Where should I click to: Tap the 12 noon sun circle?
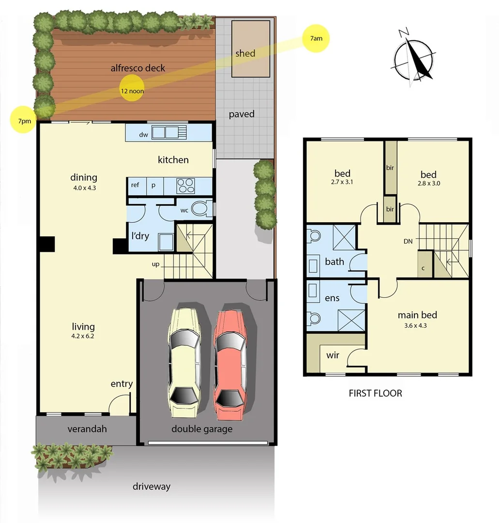click(x=132, y=89)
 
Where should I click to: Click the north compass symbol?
click(x=414, y=59)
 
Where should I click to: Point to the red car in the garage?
click(x=230, y=364)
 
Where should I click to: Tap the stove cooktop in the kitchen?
click(x=185, y=185)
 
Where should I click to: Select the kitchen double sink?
click(x=165, y=132)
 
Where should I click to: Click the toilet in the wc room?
click(x=200, y=209)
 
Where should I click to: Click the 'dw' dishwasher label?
click(x=143, y=135)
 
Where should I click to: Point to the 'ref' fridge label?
click(x=135, y=185)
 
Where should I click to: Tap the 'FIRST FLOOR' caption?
click(x=375, y=393)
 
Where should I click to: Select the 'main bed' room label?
click(x=417, y=315)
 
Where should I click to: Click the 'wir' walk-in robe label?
click(x=333, y=355)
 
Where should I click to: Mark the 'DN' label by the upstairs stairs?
click(x=408, y=241)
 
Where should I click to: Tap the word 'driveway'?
click(x=151, y=486)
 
